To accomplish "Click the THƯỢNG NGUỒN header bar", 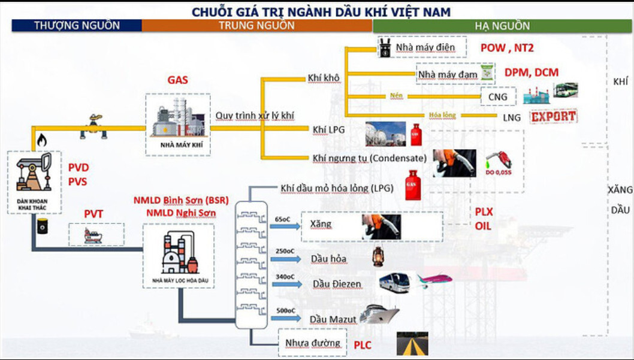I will pos(77,25).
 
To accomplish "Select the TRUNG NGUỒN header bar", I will pos(256,25).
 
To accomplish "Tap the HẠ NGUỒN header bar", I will pos(502,26).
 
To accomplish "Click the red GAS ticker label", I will pos(178,80).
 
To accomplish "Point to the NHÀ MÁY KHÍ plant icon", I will pos(178,120).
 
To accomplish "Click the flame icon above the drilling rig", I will pos(41,140).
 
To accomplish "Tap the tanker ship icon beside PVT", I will pos(96,234).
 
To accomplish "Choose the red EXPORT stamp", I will pos(554,116).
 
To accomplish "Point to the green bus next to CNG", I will pos(565,91).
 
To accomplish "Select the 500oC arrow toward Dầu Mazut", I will pos(286,317).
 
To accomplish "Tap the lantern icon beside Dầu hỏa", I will pos(378,256).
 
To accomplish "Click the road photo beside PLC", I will pos(412,344).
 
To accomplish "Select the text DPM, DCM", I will pos(531,72).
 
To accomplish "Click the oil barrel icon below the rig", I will pos(42,226).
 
